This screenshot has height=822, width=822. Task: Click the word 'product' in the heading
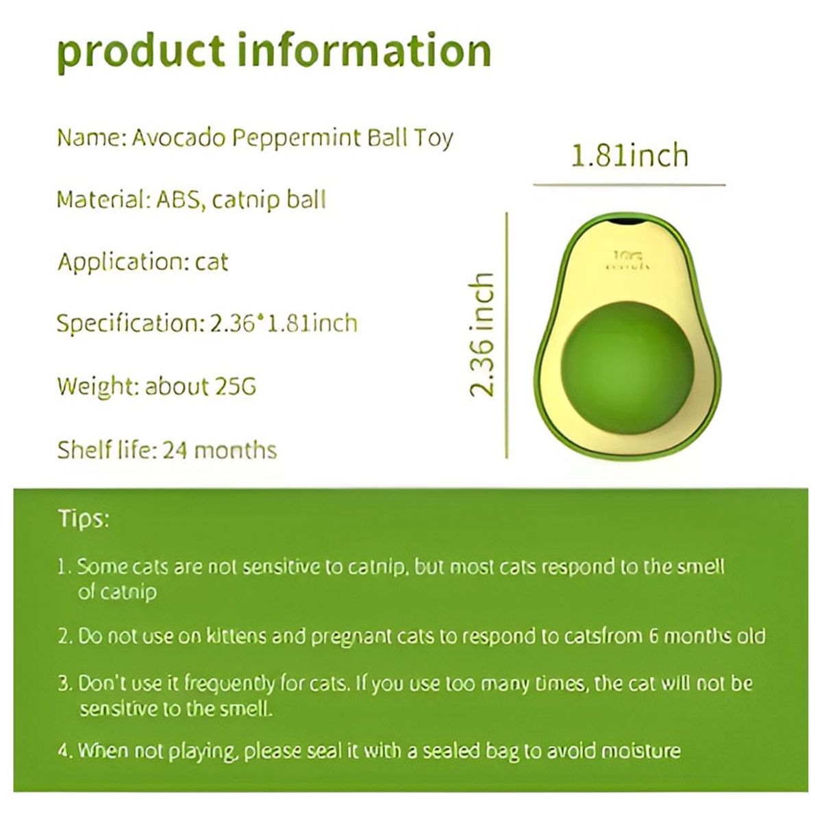[x=141, y=52]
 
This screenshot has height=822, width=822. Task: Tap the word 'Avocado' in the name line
[x=178, y=138]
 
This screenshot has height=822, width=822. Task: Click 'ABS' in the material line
[x=178, y=199]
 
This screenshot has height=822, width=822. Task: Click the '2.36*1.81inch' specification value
[x=284, y=323]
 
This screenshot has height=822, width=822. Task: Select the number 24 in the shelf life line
[x=175, y=450]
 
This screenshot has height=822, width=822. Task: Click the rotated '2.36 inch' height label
[x=482, y=334]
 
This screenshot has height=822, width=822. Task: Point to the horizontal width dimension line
[x=630, y=185]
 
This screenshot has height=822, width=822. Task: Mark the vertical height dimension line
[x=507, y=335]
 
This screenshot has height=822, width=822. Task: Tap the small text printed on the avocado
[x=628, y=261]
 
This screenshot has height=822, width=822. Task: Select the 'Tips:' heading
[x=84, y=519]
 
